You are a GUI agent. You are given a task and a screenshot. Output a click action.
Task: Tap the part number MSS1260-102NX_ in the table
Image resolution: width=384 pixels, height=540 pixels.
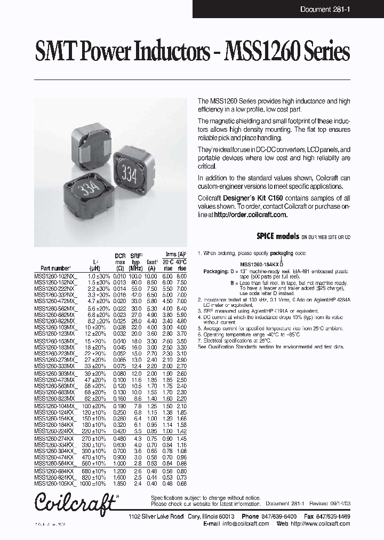pyautogui.click(x=55, y=275)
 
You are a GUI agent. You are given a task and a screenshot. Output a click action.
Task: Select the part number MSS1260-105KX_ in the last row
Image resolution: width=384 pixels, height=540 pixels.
pyautogui.click(x=55, y=484)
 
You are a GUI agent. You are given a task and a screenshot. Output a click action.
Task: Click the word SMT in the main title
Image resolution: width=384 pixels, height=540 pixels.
pyautogui.click(x=50, y=52)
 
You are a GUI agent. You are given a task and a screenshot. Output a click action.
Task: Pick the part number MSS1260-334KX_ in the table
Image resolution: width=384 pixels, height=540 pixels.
pyautogui.click(x=55, y=444)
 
